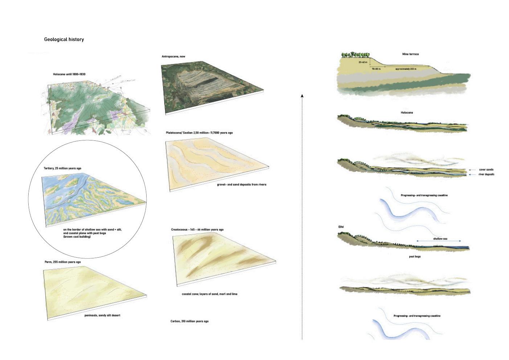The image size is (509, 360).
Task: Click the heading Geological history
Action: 64,39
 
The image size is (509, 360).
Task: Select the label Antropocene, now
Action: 173,57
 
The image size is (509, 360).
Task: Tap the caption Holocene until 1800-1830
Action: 69,74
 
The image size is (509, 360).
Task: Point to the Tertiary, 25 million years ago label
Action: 62,168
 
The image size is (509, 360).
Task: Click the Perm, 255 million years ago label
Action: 62,262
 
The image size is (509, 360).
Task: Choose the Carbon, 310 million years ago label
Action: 189,321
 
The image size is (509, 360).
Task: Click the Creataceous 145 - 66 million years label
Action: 197,230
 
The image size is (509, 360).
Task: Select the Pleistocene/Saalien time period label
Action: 199,133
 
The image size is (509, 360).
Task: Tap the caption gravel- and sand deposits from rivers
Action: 242,185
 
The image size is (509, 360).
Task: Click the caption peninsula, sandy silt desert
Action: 102,315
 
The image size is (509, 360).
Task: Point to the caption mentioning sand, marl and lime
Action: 209,294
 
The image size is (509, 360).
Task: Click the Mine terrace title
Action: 410,54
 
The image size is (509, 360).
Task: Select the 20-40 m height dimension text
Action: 363,62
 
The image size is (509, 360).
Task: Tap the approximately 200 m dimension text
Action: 406,69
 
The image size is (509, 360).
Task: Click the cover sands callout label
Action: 486,169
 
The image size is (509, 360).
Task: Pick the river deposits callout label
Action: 486,175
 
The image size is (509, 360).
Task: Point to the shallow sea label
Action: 440,239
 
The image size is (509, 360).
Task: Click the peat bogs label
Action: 415,257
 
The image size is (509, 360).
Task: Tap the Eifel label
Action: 341,227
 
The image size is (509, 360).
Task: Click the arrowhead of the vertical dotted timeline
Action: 302,96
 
